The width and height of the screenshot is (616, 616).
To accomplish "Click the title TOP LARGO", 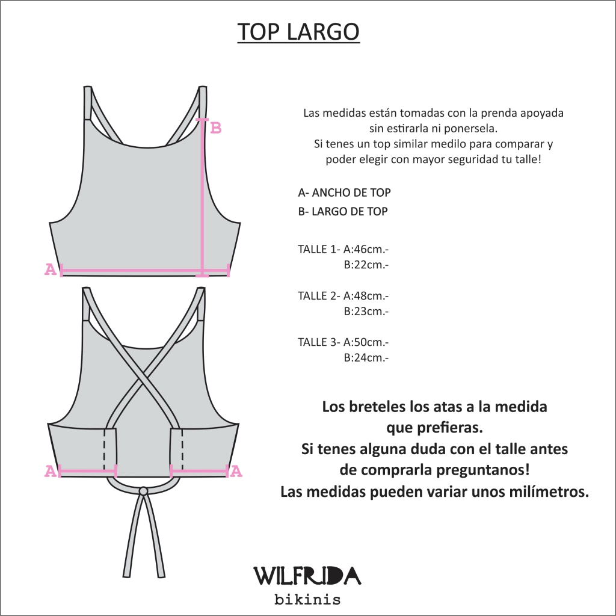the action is [x=298, y=31].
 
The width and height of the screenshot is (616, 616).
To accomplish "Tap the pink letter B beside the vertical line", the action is [x=216, y=128].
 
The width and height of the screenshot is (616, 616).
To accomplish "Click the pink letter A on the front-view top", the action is [x=51, y=269].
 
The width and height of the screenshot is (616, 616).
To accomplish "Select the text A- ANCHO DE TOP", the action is [x=344, y=192].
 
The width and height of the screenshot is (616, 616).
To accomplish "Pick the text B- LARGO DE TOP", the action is [x=342, y=211].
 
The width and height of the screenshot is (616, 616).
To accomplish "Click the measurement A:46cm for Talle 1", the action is [x=366, y=249].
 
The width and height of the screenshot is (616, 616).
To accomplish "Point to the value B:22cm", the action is [x=366, y=265].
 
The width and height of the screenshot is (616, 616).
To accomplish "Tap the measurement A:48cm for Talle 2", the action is [x=366, y=296].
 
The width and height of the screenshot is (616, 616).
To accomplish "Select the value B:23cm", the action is [x=366, y=311].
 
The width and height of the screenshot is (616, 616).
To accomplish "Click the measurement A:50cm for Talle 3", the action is [x=366, y=342].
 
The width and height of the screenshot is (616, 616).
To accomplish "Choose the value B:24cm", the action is [x=366, y=357].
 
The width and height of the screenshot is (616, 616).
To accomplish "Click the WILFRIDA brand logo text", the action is [x=307, y=576].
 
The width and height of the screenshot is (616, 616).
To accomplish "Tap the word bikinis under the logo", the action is [x=307, y=600].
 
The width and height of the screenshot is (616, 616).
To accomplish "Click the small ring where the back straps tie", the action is [x=143, y=491].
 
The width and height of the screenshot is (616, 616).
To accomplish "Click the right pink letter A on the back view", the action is [x=236, y=470].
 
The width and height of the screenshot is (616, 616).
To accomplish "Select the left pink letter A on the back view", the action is [x=51, y=470].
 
